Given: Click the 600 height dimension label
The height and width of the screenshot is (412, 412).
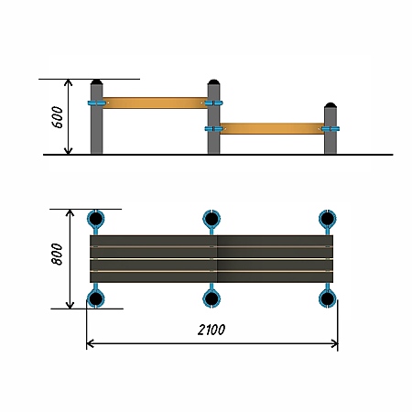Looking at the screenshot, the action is (58, 117).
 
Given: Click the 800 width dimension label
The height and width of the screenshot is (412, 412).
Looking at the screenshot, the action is (58, 255).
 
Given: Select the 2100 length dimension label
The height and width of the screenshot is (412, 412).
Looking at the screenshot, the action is (211, 330).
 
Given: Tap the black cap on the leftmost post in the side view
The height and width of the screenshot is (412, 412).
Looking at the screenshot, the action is (97, 81).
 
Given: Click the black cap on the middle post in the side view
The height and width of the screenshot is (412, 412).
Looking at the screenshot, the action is (213, 81).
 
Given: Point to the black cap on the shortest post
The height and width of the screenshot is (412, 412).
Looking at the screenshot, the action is (331, 105).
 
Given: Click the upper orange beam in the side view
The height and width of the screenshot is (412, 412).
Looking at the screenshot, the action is (155, 103).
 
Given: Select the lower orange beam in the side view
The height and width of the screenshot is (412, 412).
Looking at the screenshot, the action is (272, 128).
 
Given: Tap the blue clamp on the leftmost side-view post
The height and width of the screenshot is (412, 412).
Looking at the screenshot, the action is (97, 103).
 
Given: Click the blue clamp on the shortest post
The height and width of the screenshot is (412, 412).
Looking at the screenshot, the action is (331, 129).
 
